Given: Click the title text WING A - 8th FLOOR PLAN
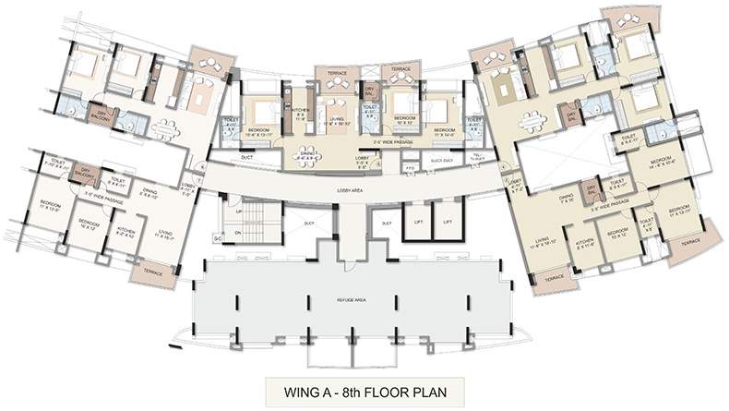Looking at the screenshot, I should pyautogui.click(x=364, y=386).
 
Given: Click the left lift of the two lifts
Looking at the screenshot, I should pyautogui.click(x=418, y=223).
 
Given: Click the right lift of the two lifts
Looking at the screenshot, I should pyautogui.click(x=447, y=223).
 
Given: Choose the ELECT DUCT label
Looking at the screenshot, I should pyautogui.click(x=439, y=159).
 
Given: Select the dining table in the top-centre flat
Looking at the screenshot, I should pyautogui.click(x=307, y=156).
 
